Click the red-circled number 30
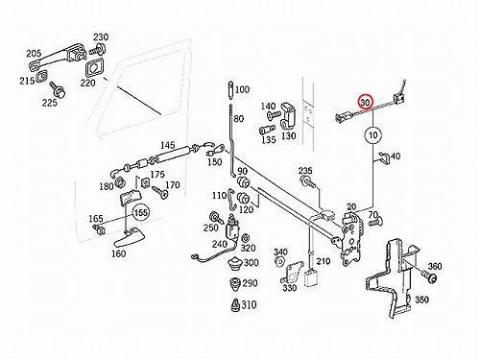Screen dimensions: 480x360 tap(366, 102)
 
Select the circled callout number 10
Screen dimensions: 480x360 tap(373, 135)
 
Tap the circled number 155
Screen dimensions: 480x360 tap(141, 212)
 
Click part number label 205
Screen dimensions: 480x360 tap(34, 54)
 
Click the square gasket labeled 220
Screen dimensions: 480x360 tap(94, 68)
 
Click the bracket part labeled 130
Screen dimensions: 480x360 tap(288, 115)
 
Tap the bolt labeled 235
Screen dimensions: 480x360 tap(307, 181)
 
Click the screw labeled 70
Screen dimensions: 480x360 tap(374, 222)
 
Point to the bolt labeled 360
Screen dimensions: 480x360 tap(428, 276)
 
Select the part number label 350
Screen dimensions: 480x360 tap(421, 300)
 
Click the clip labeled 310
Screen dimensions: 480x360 tap(235, 305)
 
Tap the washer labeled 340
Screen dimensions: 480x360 tap(279, 261)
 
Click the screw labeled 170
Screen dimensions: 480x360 tap(159, 192)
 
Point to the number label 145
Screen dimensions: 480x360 tap(168, 145)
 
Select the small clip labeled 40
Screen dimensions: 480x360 tap(384, 157)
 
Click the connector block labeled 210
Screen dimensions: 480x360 tap(310, 277)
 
